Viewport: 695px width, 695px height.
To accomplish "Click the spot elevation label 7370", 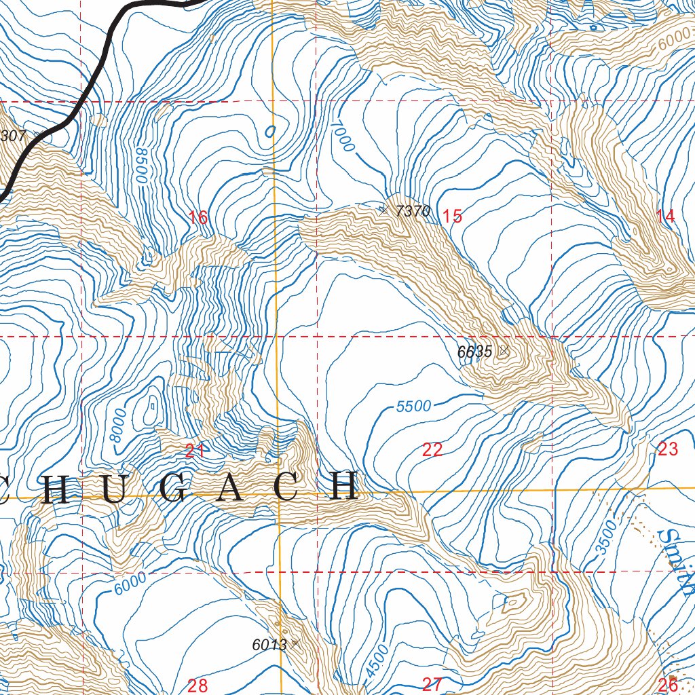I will [413, 211].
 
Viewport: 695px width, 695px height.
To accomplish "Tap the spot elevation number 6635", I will [474, 352].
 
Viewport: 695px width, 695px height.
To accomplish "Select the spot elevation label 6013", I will [269, 645].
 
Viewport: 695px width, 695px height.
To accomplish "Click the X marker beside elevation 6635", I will [504, 351].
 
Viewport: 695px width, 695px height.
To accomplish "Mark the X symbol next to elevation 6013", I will [295, 643].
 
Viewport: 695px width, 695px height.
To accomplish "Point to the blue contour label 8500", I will [140, 165].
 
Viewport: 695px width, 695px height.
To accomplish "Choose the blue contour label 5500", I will [413, 406].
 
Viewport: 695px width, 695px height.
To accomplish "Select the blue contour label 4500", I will [377, 660].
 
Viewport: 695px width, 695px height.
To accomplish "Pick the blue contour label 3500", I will [607, 538].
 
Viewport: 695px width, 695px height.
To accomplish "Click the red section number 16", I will [198, 218].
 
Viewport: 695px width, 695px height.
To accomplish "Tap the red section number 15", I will [452, 217].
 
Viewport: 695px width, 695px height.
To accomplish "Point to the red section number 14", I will [666, 217].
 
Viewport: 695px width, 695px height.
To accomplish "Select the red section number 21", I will [195, 449].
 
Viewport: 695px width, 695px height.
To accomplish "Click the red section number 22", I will [432, 449].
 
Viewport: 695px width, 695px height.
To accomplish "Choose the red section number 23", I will [668, 449].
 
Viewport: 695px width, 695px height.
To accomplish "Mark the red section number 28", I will [198, 684].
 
